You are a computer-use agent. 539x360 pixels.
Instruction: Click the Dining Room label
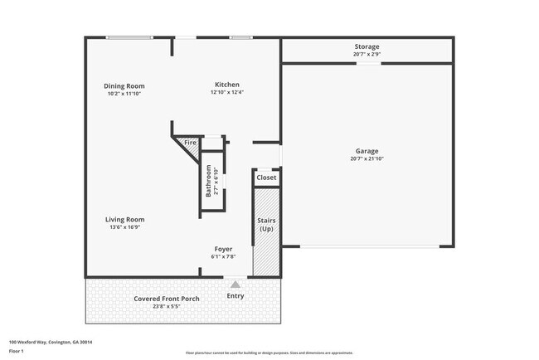[124, 85]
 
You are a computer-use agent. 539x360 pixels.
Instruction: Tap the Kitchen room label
[227, 85]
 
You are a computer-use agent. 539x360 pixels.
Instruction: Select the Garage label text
[367, 151]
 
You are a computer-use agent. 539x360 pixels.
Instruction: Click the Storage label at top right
[367, 46]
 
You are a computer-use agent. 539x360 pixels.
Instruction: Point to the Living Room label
[124, 220]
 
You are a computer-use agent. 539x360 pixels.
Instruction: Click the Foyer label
[224, 249]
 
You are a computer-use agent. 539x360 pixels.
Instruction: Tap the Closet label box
[266, 178]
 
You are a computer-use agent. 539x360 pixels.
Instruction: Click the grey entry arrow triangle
[236, 285]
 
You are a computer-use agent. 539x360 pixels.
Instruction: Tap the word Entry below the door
[236, 295]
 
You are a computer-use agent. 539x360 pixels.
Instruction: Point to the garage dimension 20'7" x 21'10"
[367, 159]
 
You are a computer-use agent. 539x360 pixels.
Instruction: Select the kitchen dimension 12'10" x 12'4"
[227, 93]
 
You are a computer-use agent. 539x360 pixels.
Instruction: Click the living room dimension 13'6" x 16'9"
[124, 228]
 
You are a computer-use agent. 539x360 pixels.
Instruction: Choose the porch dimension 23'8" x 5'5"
[166, 307]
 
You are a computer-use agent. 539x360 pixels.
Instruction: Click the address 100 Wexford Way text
[51, 342]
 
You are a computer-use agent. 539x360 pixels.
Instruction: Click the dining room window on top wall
[129, 37]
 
